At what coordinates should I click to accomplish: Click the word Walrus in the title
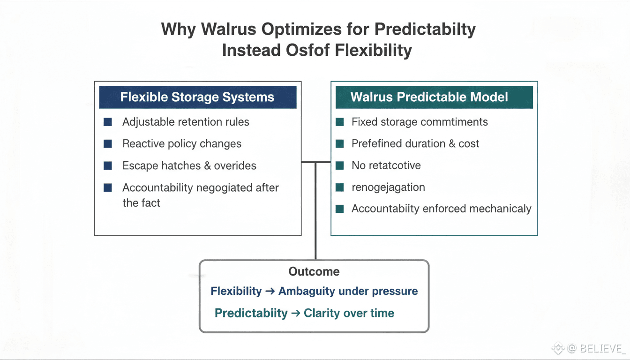coord(228,29)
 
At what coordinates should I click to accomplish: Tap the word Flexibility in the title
coord(373,50)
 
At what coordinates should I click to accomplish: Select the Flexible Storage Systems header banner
coord(198,97)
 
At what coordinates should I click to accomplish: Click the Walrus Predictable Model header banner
coord(434,97)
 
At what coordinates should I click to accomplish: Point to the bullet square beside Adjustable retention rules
coord(108,122)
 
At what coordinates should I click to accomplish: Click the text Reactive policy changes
coord(182,144)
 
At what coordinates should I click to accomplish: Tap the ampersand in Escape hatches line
coord(207,165)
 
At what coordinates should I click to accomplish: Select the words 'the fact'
coord(141,203)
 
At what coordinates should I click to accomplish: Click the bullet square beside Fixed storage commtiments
coord(340,122)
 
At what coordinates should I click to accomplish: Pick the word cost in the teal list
coord(469,144)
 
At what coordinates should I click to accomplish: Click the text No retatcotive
coord(386,165)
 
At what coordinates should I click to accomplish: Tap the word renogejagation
coord(388,187)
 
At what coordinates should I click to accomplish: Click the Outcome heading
coord(314,271)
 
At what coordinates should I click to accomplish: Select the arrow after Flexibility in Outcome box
coord(270,291)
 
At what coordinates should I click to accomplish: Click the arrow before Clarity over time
coord(296,313)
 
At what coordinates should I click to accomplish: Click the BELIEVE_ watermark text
coord(601,349)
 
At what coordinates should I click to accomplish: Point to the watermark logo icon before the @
coord(558,348)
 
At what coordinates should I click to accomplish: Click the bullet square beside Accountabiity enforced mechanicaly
coord(340,209)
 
